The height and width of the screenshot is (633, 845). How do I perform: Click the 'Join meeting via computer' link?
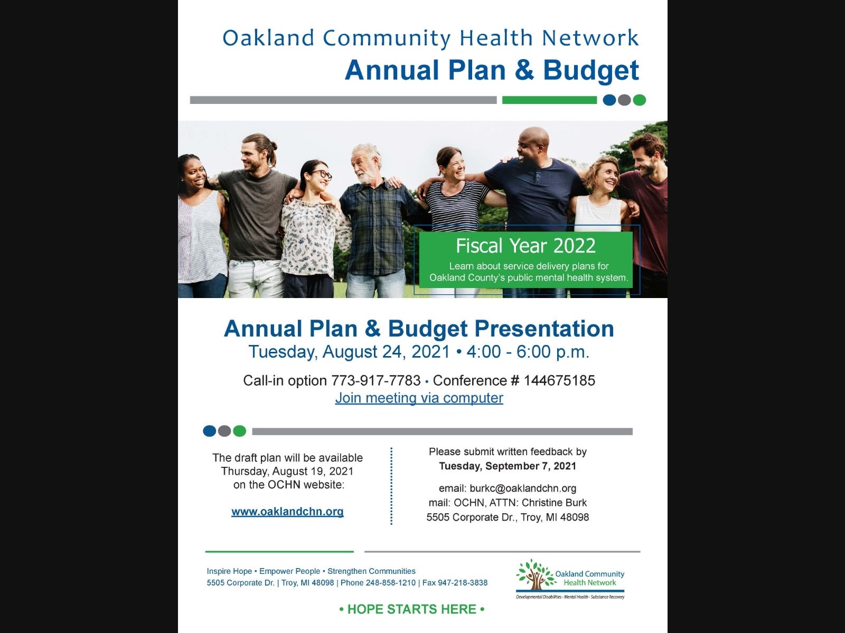coord(419,398)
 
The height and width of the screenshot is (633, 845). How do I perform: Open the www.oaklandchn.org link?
coord(287,512)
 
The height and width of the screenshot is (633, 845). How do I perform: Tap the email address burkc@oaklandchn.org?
coord(523,488)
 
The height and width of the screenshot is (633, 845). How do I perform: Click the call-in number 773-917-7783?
coord(375,380)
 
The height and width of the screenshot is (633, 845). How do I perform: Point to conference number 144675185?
coord(559,380)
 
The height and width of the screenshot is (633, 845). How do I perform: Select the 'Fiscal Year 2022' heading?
coord(525,246)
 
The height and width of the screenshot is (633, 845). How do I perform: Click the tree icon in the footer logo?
coord(534,574)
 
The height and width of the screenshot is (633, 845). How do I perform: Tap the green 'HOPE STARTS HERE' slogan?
coord(411,609)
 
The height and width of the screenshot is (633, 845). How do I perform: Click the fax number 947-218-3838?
coord(463,583)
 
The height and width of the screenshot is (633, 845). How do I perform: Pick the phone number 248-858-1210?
coord(391,583)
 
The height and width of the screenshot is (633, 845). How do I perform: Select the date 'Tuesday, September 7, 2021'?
coord(508,466)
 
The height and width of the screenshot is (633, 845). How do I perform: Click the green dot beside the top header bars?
coord(640,100)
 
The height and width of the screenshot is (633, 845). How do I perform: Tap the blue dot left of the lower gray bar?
coord(210,431)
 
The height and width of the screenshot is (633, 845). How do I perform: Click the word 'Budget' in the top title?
coord(591,71)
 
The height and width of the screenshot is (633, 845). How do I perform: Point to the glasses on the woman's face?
coord(321,175)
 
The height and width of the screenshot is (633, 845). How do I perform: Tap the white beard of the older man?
coord(364,176)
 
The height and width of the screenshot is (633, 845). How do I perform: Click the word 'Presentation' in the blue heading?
coord(544,329)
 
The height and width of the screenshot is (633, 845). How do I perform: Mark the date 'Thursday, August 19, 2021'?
coord(287,471)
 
